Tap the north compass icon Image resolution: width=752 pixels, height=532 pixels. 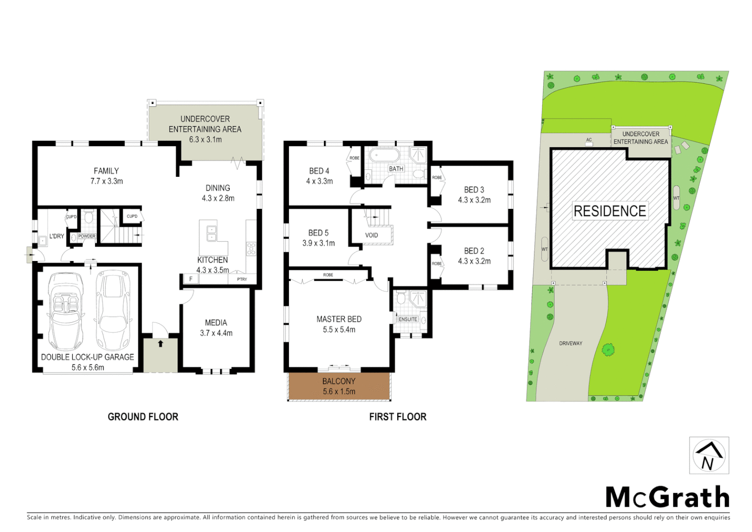pyautogui.click(x=709, y=456)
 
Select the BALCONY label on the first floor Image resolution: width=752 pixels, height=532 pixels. pyautogui.click(x=339, y=381)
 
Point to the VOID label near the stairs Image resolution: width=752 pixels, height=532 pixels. pyautogui.click(x=372, y=235)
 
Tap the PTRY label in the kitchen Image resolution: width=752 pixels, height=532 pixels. pyautogui.click(x=242, y=279)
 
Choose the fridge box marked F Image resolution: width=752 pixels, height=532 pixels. pyautogui.click(x=191, y=279)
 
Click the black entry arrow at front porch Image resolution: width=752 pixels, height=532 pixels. pyautogui.click(x=160, y=343)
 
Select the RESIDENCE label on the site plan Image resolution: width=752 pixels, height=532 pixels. pyautogui.click(x=610, y=211)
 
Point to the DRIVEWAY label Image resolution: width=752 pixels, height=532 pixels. pyautogui.click(x=570, y=343)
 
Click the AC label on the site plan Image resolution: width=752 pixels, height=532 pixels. pyautogui.click(x=589, y=140)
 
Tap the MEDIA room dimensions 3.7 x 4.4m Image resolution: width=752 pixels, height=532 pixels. pyautogui.click(x=216, y=333)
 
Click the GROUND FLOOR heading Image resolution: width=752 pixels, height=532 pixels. pyautogui.click(x=143, y=417)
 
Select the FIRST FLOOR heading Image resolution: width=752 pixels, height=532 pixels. pyautogui.click(x=398, y=417)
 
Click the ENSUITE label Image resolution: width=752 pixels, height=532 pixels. pyautogui.click(x=407, y=319)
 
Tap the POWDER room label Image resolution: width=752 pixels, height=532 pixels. pyautogui.click(x=87, y=236)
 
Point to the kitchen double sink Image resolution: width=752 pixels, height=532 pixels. pyautogui.click(x=212, y=233)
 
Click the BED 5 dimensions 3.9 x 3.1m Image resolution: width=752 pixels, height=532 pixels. pyautogui.click(x=318, y=243)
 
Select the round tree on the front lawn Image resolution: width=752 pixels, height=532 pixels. pyautogui.click(x=608, y=350)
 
